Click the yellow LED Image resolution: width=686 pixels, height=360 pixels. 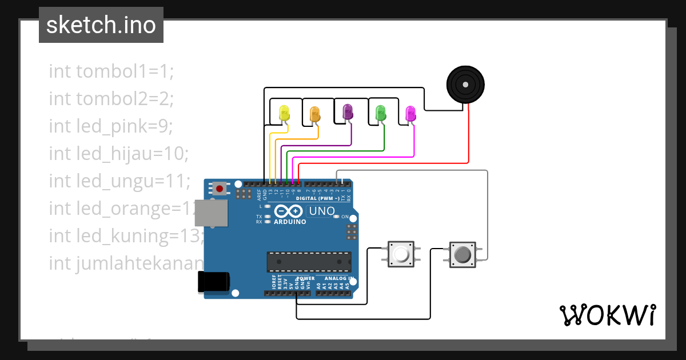[x=284, y=113]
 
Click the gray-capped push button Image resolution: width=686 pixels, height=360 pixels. [x=462, y=253]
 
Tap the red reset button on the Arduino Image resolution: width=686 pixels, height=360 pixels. [x=220, y=187]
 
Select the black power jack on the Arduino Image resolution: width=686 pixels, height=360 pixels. [x=213, y=282]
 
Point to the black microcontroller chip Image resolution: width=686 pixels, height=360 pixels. [x=309, y=261]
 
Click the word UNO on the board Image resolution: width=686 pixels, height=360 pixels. [x=322, y=211]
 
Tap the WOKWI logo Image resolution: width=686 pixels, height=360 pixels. [x=607, y=315]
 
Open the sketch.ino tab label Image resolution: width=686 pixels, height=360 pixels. [x=101, y=25]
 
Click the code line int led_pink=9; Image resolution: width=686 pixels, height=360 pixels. [x=110, y=126]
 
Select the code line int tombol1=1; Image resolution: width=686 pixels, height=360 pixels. [x=111, y=71]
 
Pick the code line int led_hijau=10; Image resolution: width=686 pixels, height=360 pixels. [x=118, y=153]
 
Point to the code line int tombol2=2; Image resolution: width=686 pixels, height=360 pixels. [x=111, y=99]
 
